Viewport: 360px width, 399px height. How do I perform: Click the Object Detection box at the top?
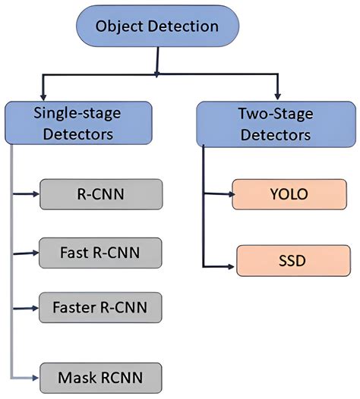click(157, 26)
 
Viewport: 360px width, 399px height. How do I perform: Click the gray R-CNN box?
click(101, 193)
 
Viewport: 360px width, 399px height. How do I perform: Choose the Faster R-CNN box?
click(101, 306)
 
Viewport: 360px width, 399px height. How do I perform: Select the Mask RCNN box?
click(101, 374)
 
